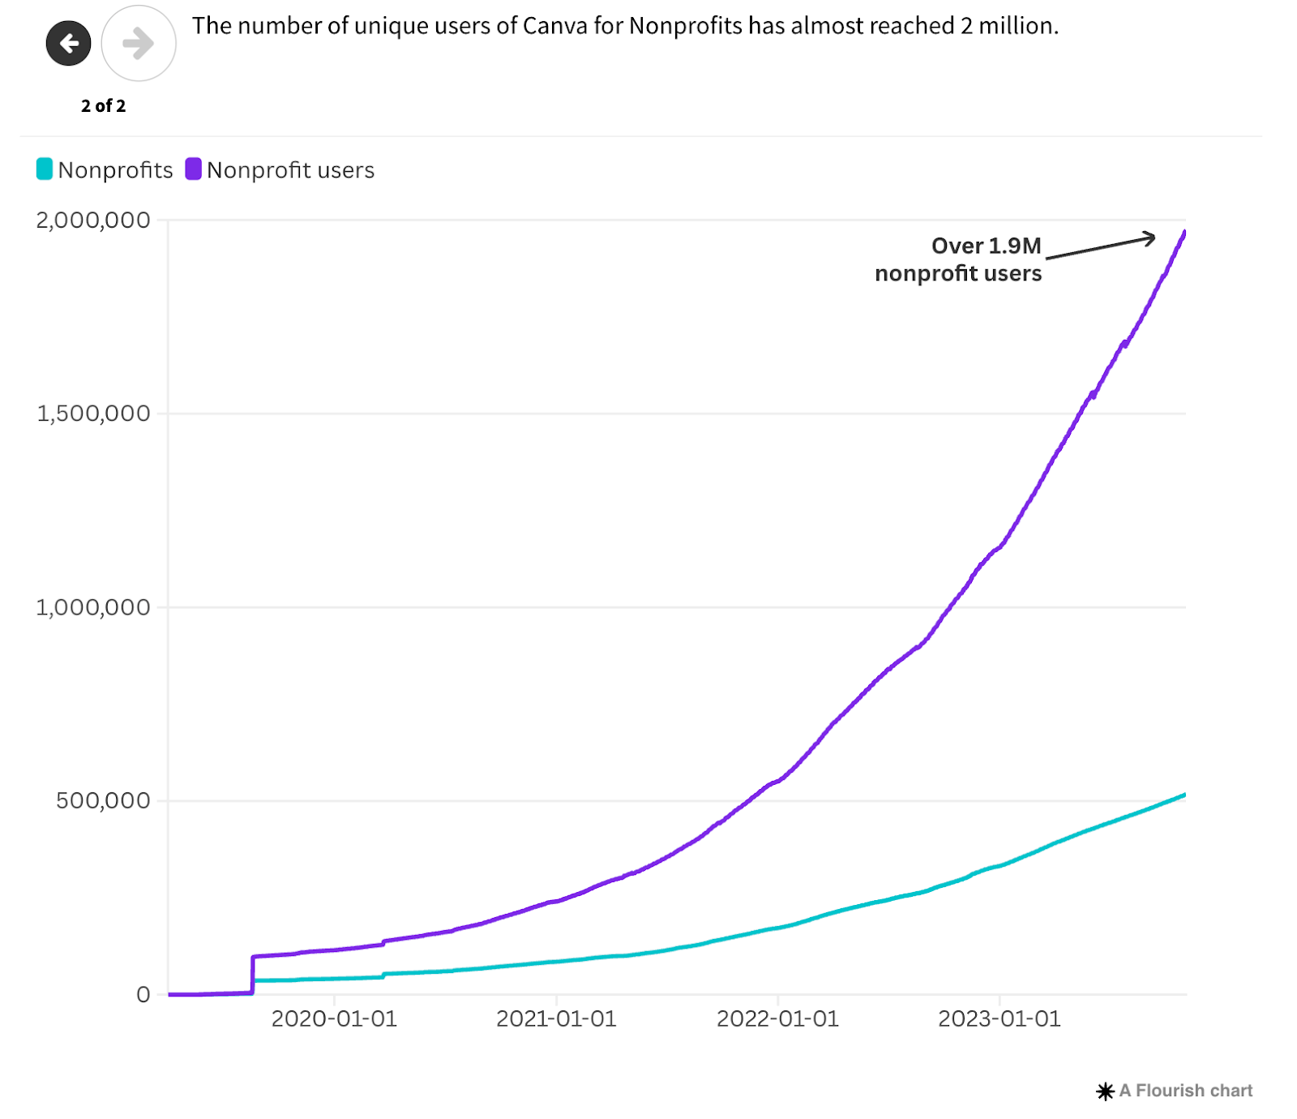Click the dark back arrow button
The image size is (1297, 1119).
tap(69, 43)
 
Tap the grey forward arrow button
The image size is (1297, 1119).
tap(139, 43)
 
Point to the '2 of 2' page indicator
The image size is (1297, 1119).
tap(103, 106)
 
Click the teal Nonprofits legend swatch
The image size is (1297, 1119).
tap(45, 169)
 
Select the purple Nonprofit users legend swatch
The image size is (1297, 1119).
tap(193, 169)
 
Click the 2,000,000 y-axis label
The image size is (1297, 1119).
tap(93, 221)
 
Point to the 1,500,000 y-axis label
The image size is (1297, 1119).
tap(93, 414)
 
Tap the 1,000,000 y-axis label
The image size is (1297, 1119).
tap(93, 607)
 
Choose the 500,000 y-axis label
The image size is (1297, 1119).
tap(103, 801)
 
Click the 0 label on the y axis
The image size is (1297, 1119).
tap(143, 995)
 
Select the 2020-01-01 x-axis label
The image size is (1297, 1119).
tap(334, 1019)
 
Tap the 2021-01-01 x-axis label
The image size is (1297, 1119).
tap(556, 1019)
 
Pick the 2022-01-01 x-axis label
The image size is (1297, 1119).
tap(777, 1019)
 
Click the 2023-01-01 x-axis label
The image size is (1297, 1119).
tap(1000, 1019)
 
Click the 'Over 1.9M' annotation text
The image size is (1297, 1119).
tap(986, 246)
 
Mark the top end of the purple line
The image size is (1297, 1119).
tap(1185, 232)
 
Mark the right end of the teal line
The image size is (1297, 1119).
tap(1185, 795)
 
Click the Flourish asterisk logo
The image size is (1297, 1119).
tap(1105, 1091)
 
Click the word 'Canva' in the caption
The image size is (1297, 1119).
tap(554, 26)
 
